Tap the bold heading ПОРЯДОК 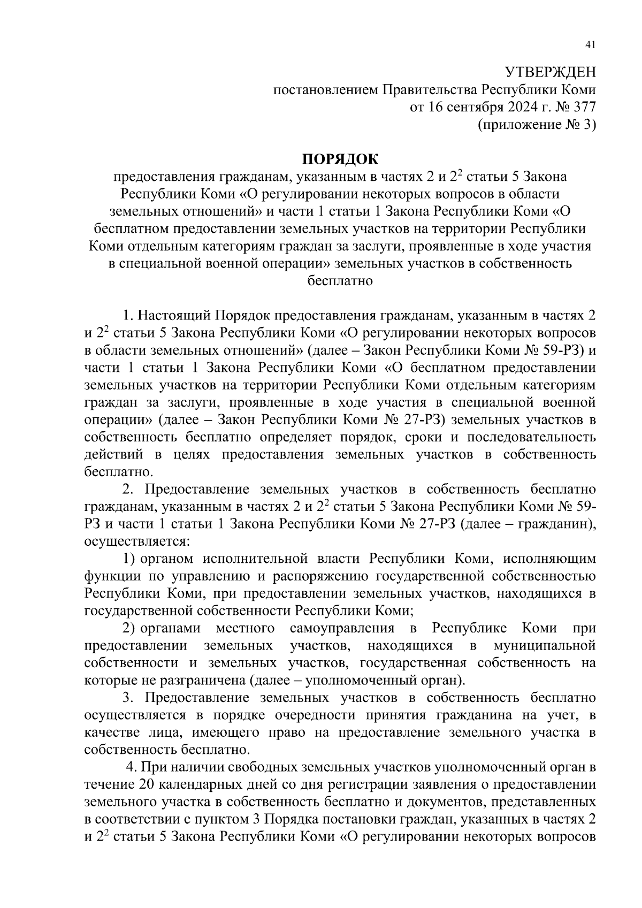[340, 159]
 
